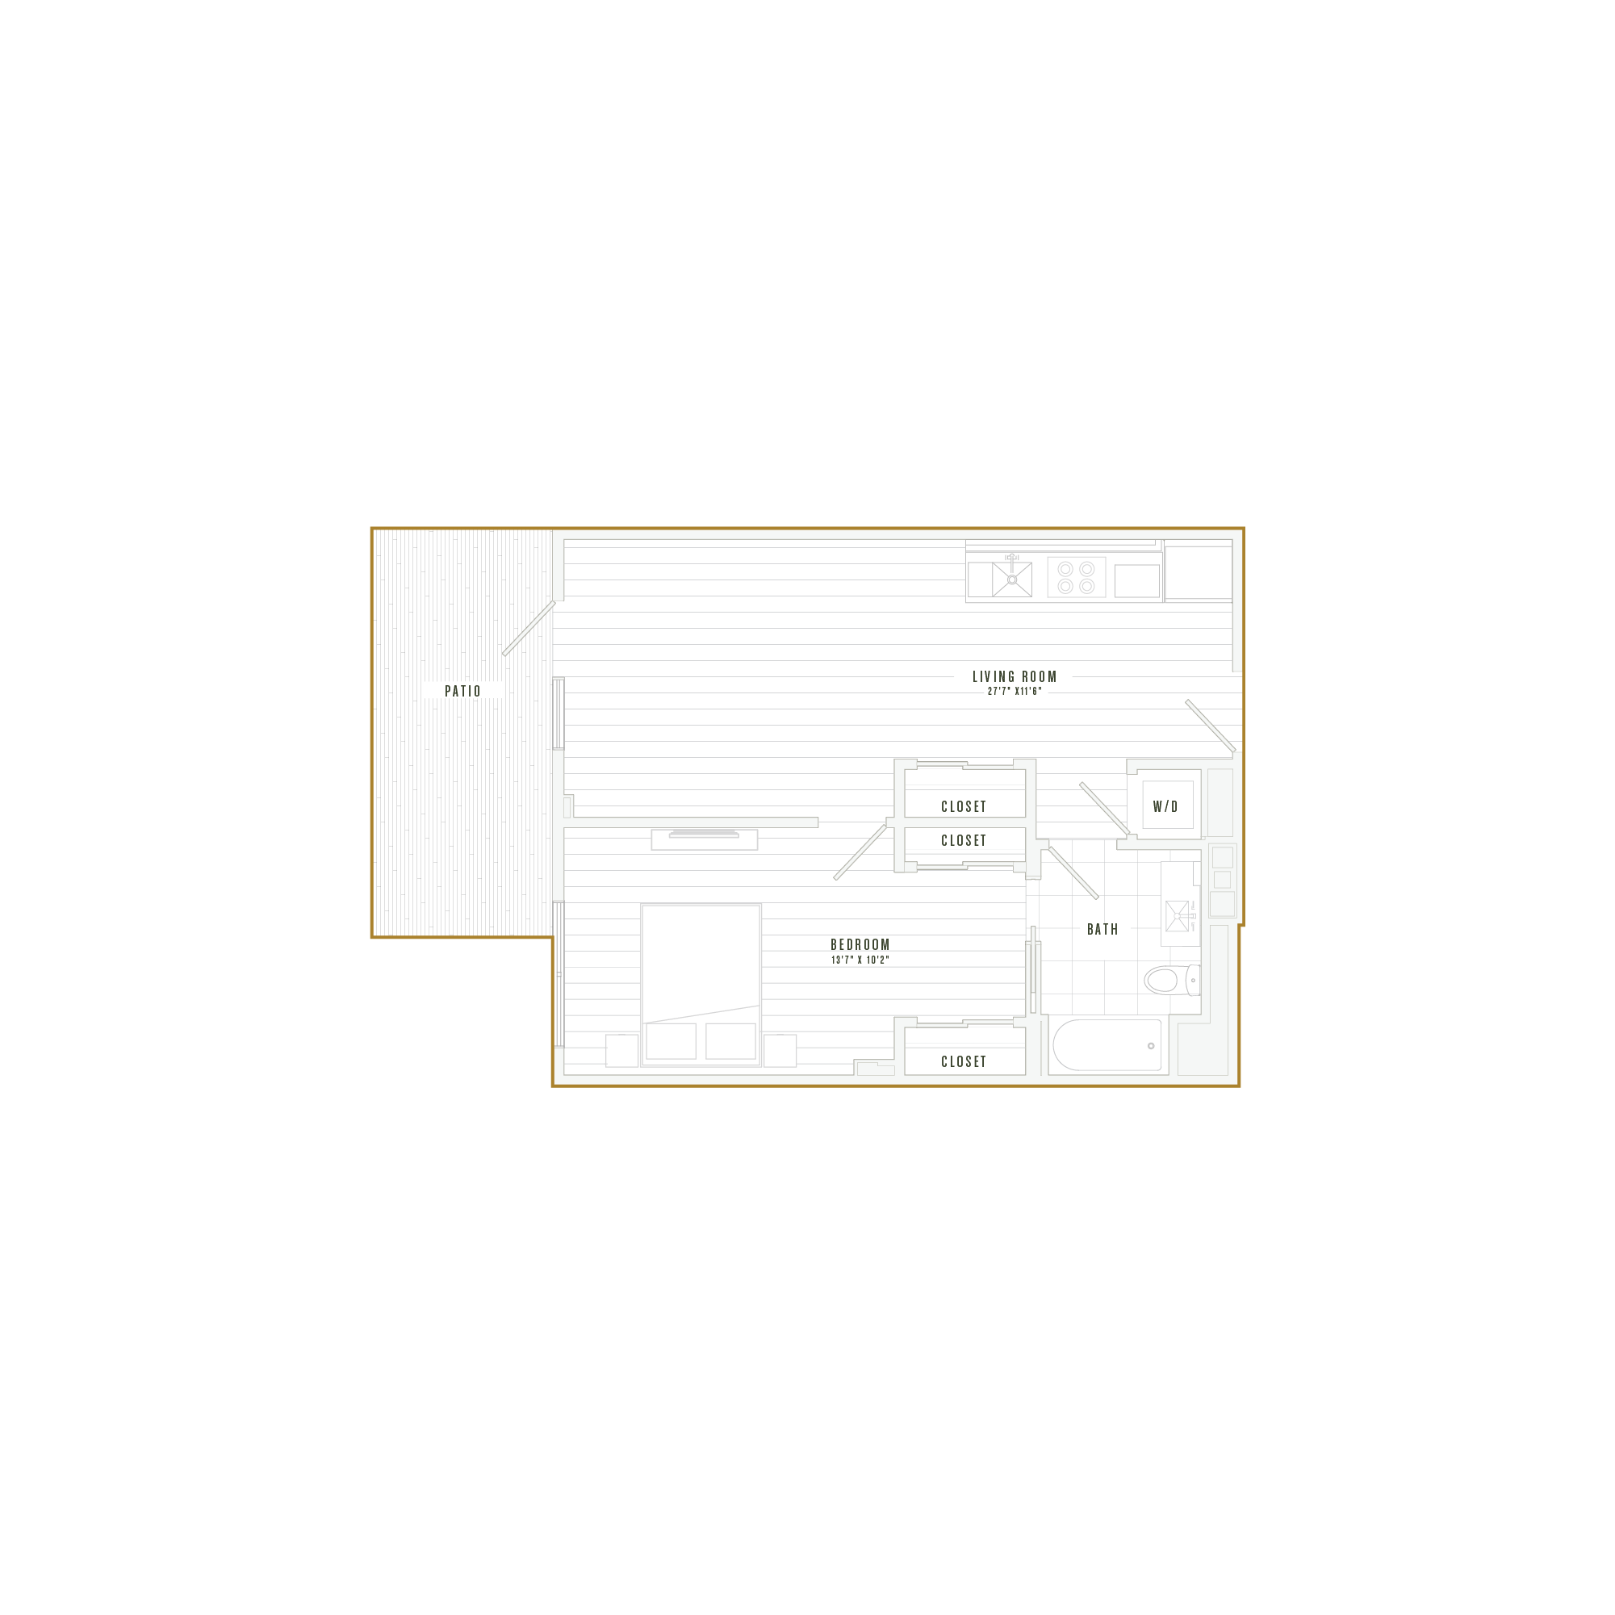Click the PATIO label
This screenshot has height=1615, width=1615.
[x=462, y=692]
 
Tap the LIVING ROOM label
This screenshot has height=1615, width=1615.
[x=1014, y=677]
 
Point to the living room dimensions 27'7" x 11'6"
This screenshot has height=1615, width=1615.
[x=1014, y=692]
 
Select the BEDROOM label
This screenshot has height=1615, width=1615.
[x=860, y=944]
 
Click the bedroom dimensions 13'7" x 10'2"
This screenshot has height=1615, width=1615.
[x=860, y=960]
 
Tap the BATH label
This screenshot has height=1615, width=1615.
[x=1102, y=930]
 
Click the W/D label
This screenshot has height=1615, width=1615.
[x=1165, y=806]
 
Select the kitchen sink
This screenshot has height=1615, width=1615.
[x=1011, y=579]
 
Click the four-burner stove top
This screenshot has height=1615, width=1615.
[x=1076, y=578]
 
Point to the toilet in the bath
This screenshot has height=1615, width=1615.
[x=1172, y=980]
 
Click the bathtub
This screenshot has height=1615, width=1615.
[x=1107, y=1045]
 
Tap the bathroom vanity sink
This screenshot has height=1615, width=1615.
[x=1178, y=916]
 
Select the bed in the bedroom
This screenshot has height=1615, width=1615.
[x=701, y=985]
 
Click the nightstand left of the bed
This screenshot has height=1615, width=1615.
[x=622, y=1051]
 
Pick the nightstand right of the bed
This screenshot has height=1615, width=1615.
[x=780, y=1051]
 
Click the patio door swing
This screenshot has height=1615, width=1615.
[x=529, y=629]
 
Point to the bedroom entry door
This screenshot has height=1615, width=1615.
[x=860, y=851]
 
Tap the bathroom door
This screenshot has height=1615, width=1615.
[x=1073, y=872]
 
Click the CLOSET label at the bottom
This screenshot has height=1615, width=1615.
[x=964, y=1061]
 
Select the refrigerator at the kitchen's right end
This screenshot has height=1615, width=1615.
[x=1198, y=572]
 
